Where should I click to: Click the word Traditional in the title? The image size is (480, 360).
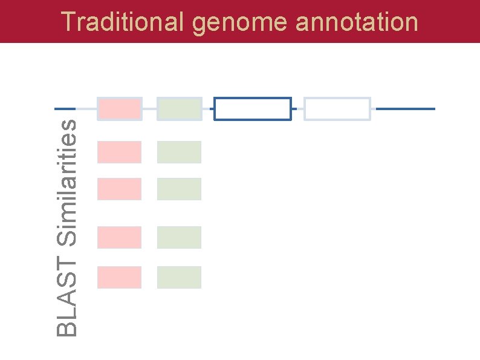pyautogui.click(x=123, y=22)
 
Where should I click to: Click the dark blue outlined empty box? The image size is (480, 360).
pyautogui.click(x=253, y=109)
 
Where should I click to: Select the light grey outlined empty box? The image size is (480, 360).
pyautogui.click(x=337, y=109)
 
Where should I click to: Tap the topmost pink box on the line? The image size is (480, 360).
pyautogui.click(x=119, y=109)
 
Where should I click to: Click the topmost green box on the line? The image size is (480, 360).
pyautogui.click(x=179, y=109)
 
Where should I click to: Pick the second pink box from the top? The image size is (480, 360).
pyautogui.click(x=119, y=152)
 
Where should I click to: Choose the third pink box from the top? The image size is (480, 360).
pyautogui.click(x=119, y=189)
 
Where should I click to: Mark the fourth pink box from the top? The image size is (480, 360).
pyautogui.click(x=119, y=237)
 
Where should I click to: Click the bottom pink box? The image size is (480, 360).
pyautogui.click(x=119, y=277)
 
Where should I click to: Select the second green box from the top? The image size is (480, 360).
pyautogui.click(x=179, y=152)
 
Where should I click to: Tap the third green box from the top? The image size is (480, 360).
pyautogui.click(x=179, y=189)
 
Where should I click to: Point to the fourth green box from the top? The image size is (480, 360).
pyautogui.click(x=179, y=237)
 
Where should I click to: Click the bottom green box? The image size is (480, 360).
pyautogui.click(x=179, y=277)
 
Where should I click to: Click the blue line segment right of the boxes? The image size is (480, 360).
pyautogui.click(x=405, y=109)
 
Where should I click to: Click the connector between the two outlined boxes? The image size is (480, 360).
pyautogui.click(x=297, y=109)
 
